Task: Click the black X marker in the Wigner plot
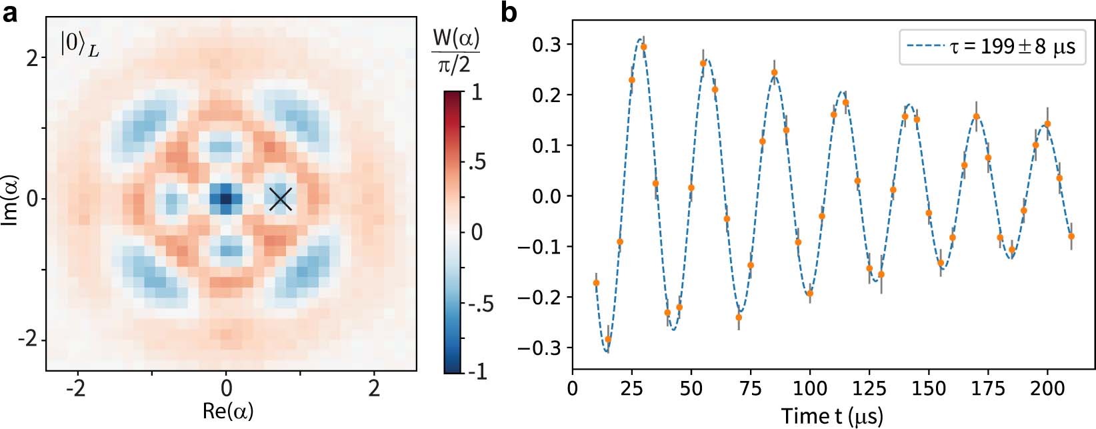(x=281, y=199)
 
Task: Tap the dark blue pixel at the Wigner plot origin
(x=226, y=199)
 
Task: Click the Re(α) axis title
(x=227, y=410)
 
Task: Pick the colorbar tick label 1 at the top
(x=476, y=93)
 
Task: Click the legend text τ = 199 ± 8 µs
(x=1012, y=47)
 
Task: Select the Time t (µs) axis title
(x=832, y=416)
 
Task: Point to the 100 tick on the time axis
(x=809, y=388)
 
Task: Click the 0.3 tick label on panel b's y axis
(x=546, y=45)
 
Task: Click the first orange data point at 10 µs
(x=596, y=283)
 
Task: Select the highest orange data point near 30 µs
(x=643, y=47)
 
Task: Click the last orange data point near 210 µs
(x=1071, y=236)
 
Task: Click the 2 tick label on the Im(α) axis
(x=31, y=58)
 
